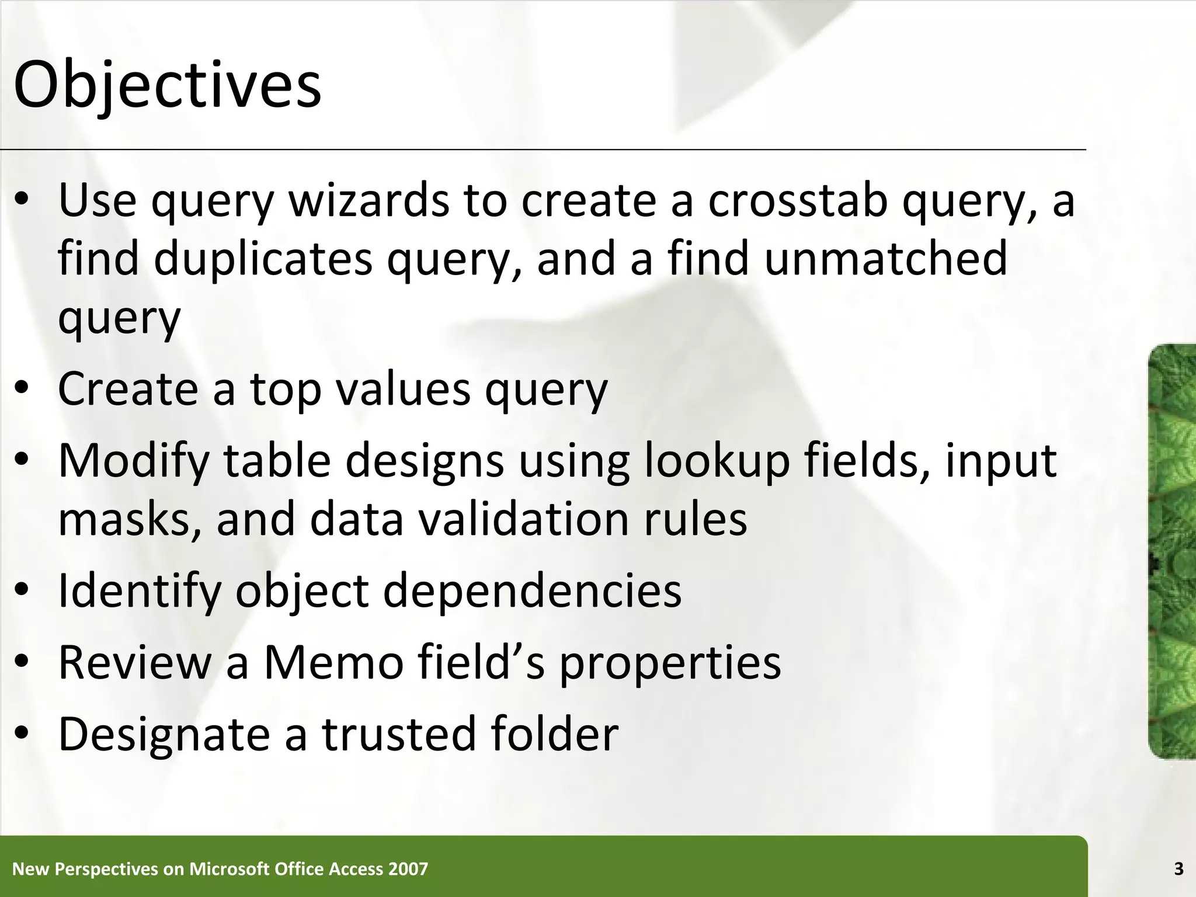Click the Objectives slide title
pyautogui.click(x=167, y=86)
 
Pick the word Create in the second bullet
pyautogui.click(x=128, y=389)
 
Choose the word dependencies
pyautogui.click(x=532, y=591)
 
